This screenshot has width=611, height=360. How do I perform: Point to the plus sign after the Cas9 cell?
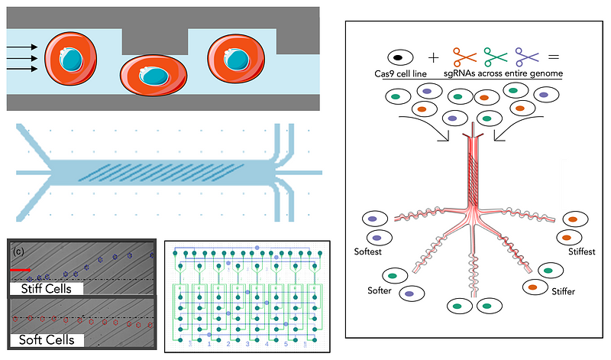point(433,57)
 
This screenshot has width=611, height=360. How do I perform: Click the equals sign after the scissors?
point(554,57)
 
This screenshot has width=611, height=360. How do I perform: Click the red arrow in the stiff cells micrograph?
point(21,269)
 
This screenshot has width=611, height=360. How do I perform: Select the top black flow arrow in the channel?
point(22,47)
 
